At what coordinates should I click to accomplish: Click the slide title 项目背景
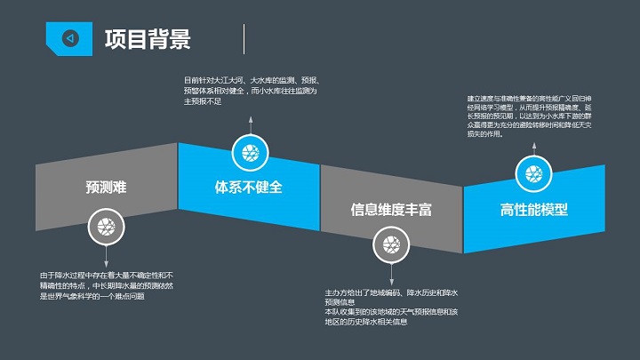(x=147, y=39)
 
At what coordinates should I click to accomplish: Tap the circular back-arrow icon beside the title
(x=70, y=38)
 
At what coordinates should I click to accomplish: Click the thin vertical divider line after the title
(x=244, y=39)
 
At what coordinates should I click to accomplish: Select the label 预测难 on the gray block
(x=106, y=188)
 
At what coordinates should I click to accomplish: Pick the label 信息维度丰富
(x=391, y=210)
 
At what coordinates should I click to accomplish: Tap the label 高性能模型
(x=533, y=210)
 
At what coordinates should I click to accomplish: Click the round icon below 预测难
(x=106, y=228)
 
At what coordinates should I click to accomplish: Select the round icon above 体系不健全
(x=250, y=152)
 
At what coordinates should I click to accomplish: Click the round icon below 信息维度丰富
(x=388, y=244)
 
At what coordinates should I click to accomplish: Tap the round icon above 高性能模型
(x=533, y=173)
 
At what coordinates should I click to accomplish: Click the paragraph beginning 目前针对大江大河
(x=250, y=91)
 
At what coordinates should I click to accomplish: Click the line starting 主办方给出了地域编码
(x=391, y=297)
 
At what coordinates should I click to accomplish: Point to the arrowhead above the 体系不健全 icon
(x=250, y=118)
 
